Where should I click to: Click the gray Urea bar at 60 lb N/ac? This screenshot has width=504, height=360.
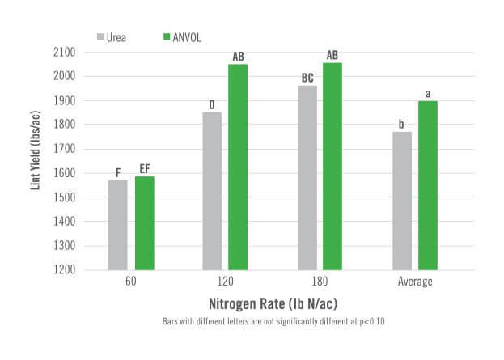pyautogui.click(x=117, y=225)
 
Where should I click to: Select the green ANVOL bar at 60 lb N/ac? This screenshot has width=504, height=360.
pyautogui.click(x=144, y=223)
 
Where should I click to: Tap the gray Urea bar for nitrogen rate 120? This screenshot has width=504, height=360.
pyautogui.click(x=212, y=191)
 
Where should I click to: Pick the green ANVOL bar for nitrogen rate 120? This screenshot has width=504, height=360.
pyautogui.click(x=238, y=167)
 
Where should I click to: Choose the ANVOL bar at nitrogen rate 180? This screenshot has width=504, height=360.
pyautogui.click(x=333, y=166)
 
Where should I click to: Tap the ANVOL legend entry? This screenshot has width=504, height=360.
pyautogui.click(x=184, y=36)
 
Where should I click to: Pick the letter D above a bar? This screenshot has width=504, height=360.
pyautogui.click(x=212, y=104)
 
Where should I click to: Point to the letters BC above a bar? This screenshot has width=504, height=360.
pyautogui.click(x=307, y=78)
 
